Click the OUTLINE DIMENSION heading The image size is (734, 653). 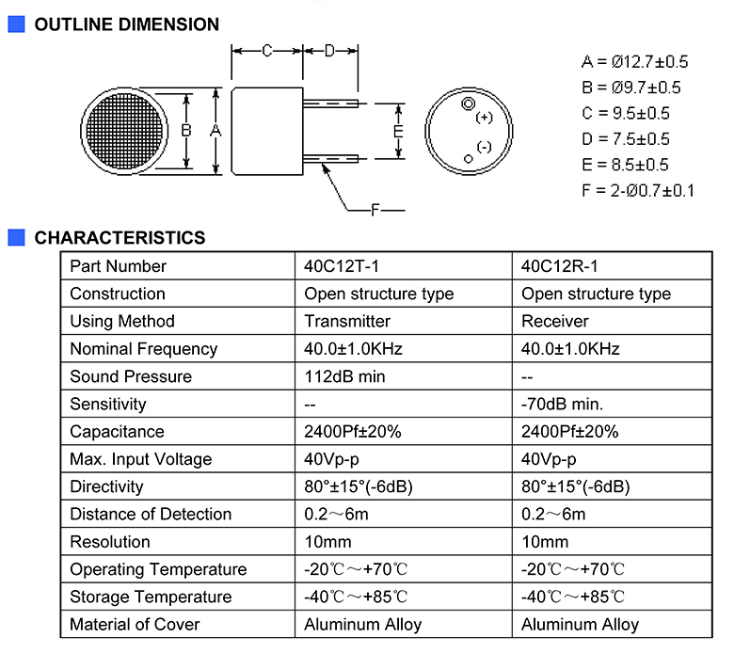127,24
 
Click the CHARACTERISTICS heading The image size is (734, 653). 120,238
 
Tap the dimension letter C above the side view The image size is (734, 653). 267,51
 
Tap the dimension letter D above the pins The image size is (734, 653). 330,51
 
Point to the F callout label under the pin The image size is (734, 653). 375,210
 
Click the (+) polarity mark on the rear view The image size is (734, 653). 484,118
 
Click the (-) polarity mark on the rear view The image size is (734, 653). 484,148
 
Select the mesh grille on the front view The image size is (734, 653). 124,131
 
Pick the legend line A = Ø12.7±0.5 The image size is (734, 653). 635,62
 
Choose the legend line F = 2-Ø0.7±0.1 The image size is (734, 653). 638,191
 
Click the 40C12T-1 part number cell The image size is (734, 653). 342,266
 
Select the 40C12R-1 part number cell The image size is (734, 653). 559,266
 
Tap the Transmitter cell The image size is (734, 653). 347,321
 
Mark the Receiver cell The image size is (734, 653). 554,321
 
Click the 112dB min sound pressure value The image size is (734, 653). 344,376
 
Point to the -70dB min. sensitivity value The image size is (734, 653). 562,404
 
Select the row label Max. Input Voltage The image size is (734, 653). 141,459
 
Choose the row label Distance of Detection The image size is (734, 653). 151,514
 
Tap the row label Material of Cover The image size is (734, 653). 135,625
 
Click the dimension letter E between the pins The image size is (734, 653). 398,131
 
